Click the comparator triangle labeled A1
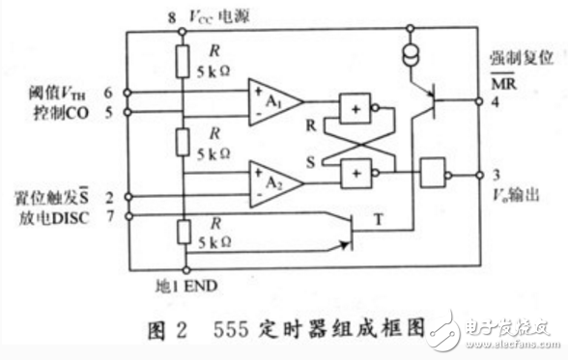273,99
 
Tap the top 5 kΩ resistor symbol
182,62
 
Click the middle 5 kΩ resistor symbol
182,141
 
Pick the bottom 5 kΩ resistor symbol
182,232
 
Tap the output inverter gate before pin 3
433,175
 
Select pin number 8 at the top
171,16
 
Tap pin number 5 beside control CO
108,111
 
